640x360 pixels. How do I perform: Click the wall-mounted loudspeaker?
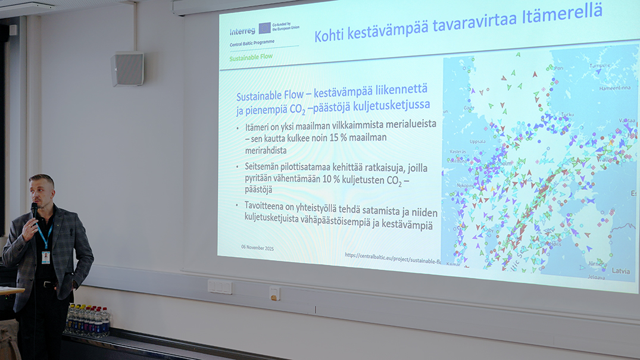point(127,69)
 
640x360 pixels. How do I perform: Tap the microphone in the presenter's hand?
point(35,210)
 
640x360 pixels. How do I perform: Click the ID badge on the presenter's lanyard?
point(46,257)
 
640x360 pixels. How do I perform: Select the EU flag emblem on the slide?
point(264,28)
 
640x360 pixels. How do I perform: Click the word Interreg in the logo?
point(242,30)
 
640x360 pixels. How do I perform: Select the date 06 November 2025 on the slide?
point(258,247)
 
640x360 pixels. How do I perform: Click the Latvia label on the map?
point(620,271)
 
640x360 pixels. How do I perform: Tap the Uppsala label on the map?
point(477,142)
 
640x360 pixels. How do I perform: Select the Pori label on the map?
point(558,68)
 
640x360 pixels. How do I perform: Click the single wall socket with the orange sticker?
point(274,293)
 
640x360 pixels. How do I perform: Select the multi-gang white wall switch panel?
point(220,287)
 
